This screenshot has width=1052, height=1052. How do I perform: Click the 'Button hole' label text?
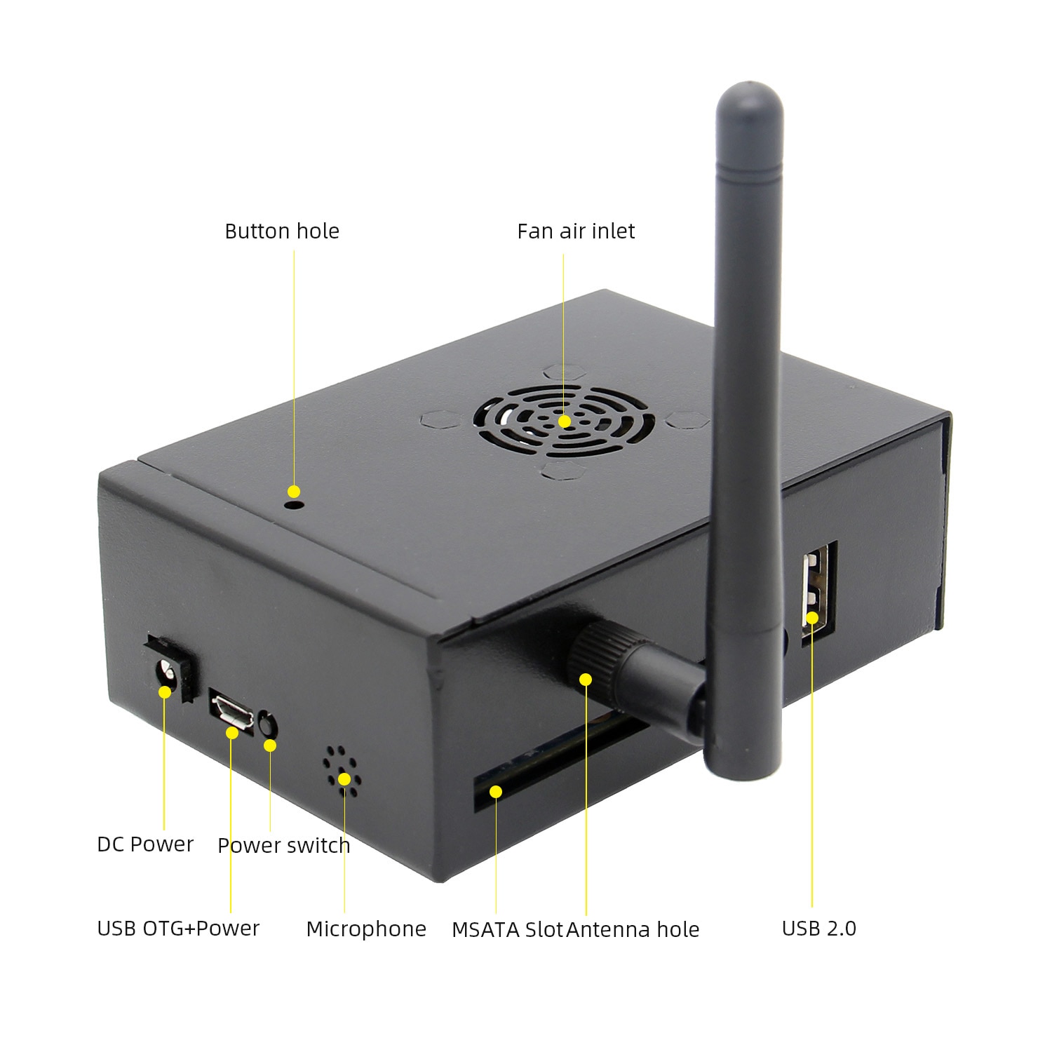[x=282, y=231]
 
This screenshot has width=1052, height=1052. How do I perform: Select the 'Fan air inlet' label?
[x=576, y=231]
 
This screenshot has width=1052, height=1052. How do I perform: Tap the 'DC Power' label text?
[x=145, y=844]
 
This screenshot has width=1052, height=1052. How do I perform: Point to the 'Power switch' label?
[x=284, y=846]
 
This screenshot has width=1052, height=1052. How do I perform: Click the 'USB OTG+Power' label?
[x=178, y=929]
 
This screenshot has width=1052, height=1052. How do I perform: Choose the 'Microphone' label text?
[x=366, y=929]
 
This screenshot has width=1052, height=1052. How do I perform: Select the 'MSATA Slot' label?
[x=507, y=930]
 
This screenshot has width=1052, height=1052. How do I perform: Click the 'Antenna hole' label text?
[x=633, y=930]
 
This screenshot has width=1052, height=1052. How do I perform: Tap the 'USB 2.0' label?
[x=819, y=929]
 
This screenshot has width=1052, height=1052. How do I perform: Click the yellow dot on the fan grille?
[x=565, y=422]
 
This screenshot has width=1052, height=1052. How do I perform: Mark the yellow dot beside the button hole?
[x=294, y=492]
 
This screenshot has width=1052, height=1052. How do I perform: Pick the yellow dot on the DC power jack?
[x=165, y=692]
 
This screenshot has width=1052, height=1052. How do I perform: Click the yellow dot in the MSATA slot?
[x=496, y=792]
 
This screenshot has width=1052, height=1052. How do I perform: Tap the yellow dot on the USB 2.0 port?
[x=812, y=618]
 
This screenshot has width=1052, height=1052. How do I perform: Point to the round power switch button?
[x=268, y=724]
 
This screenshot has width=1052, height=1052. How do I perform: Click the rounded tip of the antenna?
[x=749, y=88]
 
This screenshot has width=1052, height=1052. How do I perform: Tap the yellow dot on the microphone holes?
[x=344, y=778]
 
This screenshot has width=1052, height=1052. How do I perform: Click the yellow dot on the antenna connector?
[x=586, y=679]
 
